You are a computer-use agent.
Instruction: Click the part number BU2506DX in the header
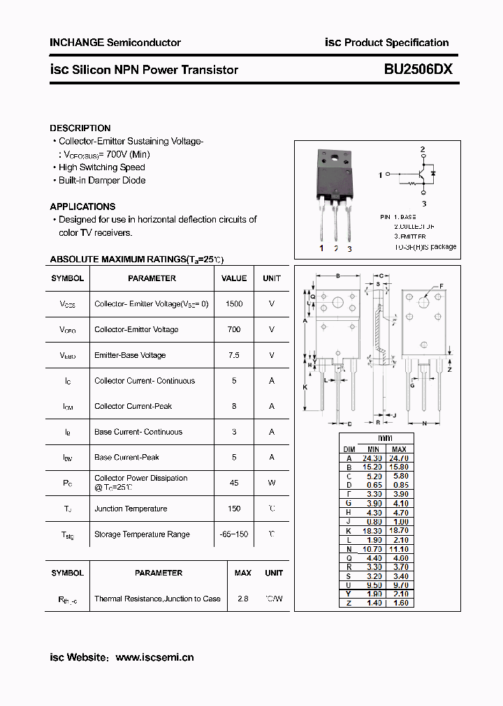(x=418, y=69)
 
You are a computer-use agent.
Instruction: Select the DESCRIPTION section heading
(x=80, y=128)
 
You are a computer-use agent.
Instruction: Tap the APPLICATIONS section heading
(x=82, y=206)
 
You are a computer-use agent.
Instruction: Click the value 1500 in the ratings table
(x=234, y=304)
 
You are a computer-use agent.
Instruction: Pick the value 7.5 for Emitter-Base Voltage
(x=234, y=355)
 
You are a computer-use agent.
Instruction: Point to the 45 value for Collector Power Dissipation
(x=234, y=483)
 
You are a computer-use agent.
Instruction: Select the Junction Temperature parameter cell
(x=131, y=509)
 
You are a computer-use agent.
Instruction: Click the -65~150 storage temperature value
(x=234, y=534)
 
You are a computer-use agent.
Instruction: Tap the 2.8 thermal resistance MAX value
(x=243, y=599)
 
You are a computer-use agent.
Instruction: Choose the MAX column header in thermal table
(x=243, y=573)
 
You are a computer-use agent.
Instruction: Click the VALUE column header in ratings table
(x=234, y=278)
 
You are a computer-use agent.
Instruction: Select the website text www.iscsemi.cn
(x=154, y=657)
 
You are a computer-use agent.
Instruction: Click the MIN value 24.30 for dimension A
(x=373, y=458)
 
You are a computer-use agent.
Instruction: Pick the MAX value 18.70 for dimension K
(x=399, y=532)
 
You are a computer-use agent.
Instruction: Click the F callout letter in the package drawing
(x=441, y=286)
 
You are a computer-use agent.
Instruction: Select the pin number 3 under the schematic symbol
(x=423, y=204)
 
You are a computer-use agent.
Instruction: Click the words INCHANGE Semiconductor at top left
(x=115, y=43)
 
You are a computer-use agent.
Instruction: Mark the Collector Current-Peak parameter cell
(x=133, y=406)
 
